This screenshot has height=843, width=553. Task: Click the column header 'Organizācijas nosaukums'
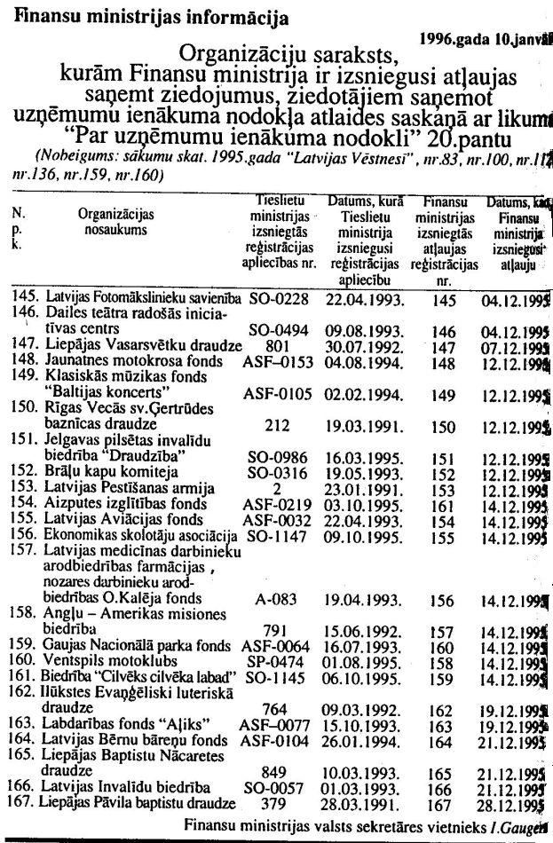tap(116, 222)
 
